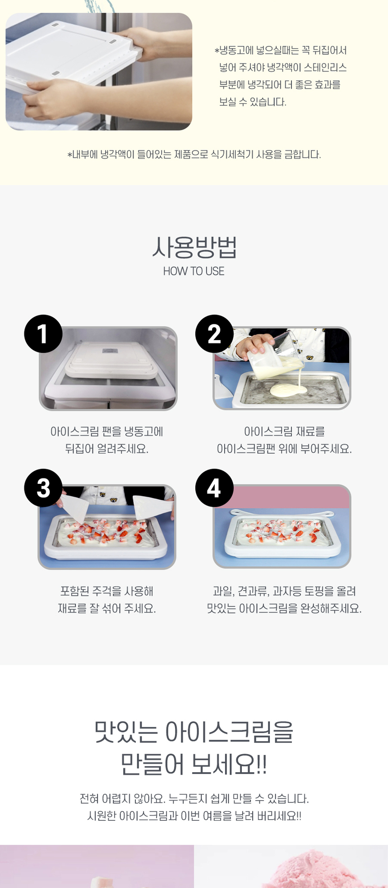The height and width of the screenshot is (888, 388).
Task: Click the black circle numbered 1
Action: [x=43, y=334]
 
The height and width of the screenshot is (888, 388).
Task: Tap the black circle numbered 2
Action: [x=214, y=334]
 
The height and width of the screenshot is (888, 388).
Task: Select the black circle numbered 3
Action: [x=43, y=488]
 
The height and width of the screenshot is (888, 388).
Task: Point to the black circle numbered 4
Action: [x=214, y=488]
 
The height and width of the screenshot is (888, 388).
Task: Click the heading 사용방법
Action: [x=194, y=247]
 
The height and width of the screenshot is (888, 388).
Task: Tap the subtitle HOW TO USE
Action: [x=194, y=271]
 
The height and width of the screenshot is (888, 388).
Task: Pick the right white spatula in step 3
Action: [x=151, y=507]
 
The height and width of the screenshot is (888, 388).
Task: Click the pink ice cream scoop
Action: [x=316, y=870]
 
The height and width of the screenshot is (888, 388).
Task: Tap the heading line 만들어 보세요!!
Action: [x=194, y=764]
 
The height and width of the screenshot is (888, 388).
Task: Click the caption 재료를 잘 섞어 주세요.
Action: [x=107, y=609]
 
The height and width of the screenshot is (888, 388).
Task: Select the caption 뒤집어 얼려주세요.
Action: [x=107, y=449]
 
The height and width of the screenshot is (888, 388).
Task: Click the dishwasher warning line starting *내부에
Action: [x=194, y=155]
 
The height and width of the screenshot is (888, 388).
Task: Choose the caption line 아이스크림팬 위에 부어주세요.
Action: [x=284, y=449]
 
